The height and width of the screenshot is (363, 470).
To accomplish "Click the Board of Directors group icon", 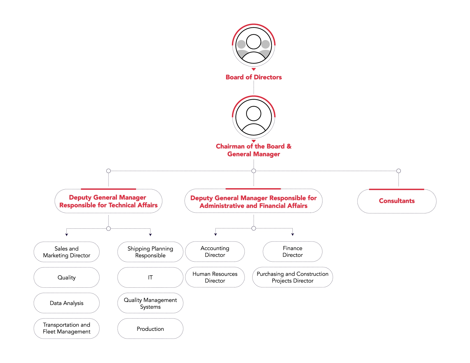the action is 254,45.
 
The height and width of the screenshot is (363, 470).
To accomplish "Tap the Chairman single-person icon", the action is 254,117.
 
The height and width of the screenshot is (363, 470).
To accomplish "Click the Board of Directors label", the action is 254,77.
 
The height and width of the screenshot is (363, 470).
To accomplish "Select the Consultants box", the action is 397,201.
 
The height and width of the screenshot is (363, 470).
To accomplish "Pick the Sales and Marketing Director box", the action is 66,252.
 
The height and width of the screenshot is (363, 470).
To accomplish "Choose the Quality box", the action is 66,277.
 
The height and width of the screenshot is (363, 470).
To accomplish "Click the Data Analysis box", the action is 66,303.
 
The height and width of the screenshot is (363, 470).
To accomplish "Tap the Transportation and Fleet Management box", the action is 66,328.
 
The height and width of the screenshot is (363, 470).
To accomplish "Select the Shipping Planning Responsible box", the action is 150,252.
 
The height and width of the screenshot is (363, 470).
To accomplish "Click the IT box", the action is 150,277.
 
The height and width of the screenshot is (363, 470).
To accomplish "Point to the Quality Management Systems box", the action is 150,303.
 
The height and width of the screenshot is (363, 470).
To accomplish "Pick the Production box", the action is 150,328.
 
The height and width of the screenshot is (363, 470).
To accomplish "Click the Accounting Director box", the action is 215,251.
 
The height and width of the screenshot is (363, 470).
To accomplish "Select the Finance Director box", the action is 292,251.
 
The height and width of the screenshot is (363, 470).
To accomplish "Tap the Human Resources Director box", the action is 215,277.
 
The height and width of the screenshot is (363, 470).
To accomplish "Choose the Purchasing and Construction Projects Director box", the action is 292,277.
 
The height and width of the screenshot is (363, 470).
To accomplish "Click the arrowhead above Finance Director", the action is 292,235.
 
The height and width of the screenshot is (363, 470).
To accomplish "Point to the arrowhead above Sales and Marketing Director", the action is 66,235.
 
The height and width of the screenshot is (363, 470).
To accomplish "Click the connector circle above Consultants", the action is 398,171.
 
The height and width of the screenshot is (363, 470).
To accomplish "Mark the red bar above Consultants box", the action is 397,189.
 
